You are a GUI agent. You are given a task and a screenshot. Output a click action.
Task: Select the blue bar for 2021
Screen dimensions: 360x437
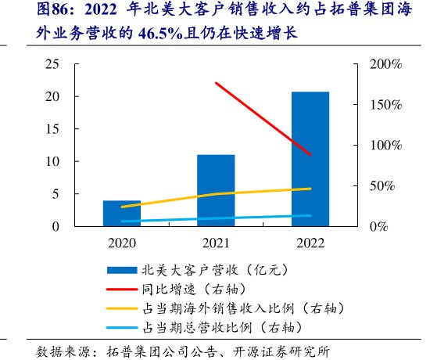point(216,191)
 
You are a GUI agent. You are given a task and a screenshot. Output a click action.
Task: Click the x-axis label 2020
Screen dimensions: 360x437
point(122,242)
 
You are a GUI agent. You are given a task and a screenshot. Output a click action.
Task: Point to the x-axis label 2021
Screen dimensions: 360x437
point(216,242)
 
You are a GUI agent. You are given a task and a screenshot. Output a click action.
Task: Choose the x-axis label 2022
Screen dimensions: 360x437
point(310,242)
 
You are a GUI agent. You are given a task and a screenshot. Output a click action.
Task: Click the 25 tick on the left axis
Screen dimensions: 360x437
point(55,64)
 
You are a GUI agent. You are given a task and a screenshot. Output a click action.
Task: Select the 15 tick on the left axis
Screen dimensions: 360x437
point(55,129)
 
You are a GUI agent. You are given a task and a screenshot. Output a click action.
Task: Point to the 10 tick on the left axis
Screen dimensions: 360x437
point(55,161)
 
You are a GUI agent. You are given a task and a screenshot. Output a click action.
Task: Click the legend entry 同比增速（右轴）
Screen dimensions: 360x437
point(195,288)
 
